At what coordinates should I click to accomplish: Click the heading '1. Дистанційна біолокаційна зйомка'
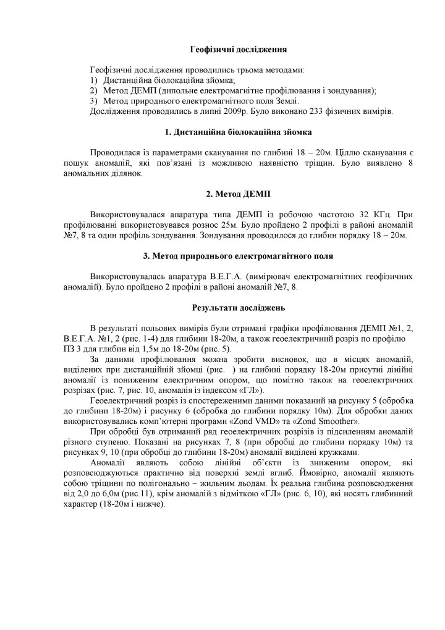(x=239, y=132)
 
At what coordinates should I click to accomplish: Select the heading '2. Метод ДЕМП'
(x=239, y=194)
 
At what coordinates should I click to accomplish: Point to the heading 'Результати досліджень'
(x=239, y=306)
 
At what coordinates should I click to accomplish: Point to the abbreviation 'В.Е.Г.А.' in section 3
(x=213, y=272)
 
